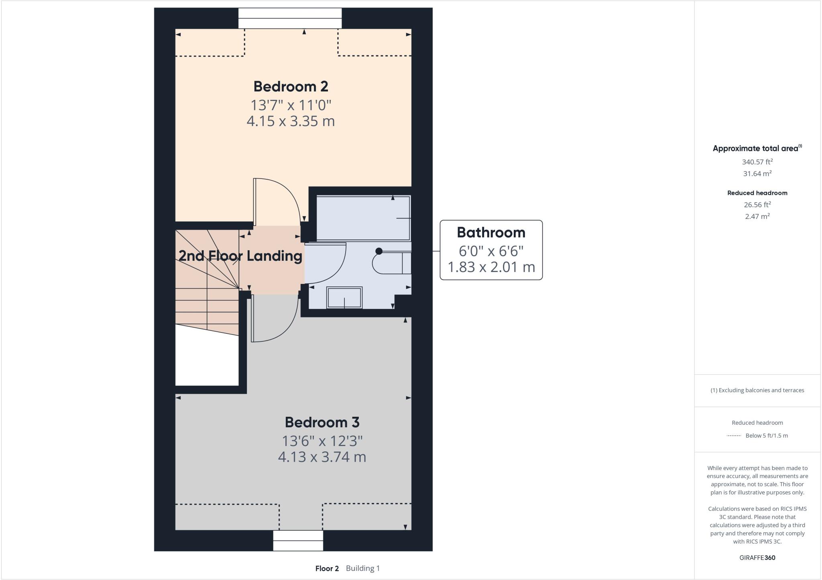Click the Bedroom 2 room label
pos(291,86)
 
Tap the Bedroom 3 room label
pos(322,422)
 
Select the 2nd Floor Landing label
pos(240,256)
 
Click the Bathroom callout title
pos(491,232)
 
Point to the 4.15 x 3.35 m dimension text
pos(291,121)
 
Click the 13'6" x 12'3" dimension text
pos(322,441)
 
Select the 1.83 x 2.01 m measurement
pos(491,267)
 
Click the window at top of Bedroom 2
pos(290,18)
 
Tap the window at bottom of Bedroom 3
pos(298,540)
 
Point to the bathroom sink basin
pos(344,298)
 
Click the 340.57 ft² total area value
pos(757,162)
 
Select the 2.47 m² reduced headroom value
pos(757,217)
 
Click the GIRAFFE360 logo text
pos(757,558)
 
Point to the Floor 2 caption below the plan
pos(327,568)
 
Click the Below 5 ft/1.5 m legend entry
pos(766,436)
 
